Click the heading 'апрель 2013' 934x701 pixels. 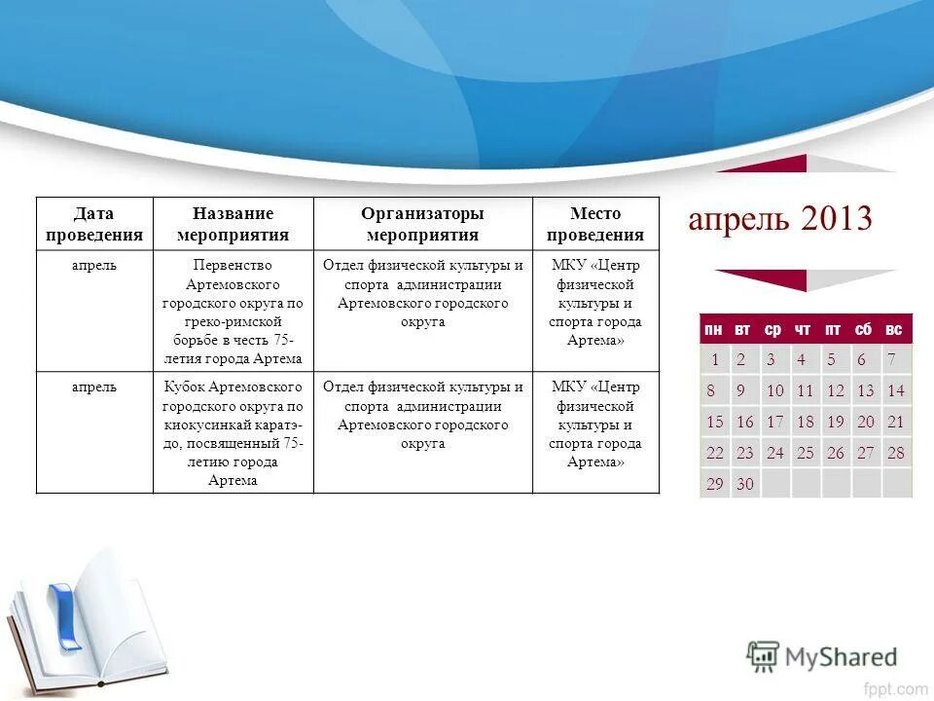tap(779, 218)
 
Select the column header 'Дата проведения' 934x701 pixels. tap(94, 224)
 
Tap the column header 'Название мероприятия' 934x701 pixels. tap(233, 224)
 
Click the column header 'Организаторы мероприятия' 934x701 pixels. tap(422, 224)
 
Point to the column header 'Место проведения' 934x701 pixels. tap(594, 224)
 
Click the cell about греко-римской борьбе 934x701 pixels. tap(233, 312)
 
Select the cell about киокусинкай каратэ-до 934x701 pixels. tap(233, 433)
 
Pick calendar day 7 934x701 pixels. tap(891, 359)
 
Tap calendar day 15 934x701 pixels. tap(715, 423)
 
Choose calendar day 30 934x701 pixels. tap(745, 484)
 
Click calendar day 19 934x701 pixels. tap(835, 423)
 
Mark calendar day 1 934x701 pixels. tap(715, 359)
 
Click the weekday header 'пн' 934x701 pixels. tap(714, 330)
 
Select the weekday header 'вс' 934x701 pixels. tap(893, 330)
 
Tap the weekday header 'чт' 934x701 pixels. tap(803, 330)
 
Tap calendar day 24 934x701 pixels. tap(774, 453)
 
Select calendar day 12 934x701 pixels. tap(835, 391)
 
